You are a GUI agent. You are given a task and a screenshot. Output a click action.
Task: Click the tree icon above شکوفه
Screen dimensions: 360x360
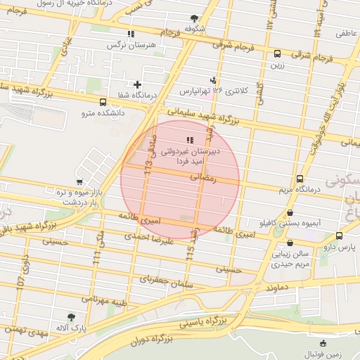(195, 19)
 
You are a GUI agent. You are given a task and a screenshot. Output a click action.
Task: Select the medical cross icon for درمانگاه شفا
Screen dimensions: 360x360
(146, 85)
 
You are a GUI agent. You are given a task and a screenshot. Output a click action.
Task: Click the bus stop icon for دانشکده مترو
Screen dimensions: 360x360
(103, 102)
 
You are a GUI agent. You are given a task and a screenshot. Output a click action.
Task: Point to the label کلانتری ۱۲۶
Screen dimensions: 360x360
(233, 91)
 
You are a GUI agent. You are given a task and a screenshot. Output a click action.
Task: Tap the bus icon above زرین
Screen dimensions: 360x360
(277, 53)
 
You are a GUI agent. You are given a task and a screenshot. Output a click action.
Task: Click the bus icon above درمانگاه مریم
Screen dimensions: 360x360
(300, 179)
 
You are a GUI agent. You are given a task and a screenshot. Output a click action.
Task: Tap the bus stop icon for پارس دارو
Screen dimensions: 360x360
(340, 236)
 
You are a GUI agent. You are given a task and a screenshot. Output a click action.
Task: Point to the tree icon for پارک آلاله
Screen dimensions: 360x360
(70, 317)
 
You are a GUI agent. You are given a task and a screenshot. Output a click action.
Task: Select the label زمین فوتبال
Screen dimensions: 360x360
(323, 354)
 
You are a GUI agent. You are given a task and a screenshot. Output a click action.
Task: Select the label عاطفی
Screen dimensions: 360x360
(346, 33)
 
